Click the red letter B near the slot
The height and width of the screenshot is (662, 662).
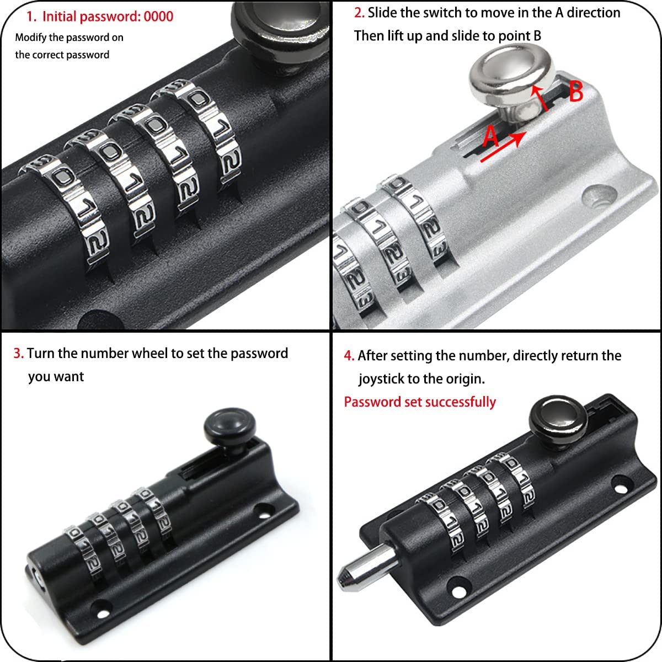pos(576,92)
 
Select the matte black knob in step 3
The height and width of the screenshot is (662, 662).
pos(230,429)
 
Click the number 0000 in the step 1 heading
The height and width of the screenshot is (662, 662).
pos(158,17)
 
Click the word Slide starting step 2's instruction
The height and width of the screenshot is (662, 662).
pos(382,13)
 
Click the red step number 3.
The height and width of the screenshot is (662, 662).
pos(19,354)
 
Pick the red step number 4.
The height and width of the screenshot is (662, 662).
pos(349,356)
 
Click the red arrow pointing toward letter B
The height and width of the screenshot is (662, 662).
pos(540,98)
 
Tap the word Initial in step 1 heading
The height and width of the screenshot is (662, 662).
pos(59,17)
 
